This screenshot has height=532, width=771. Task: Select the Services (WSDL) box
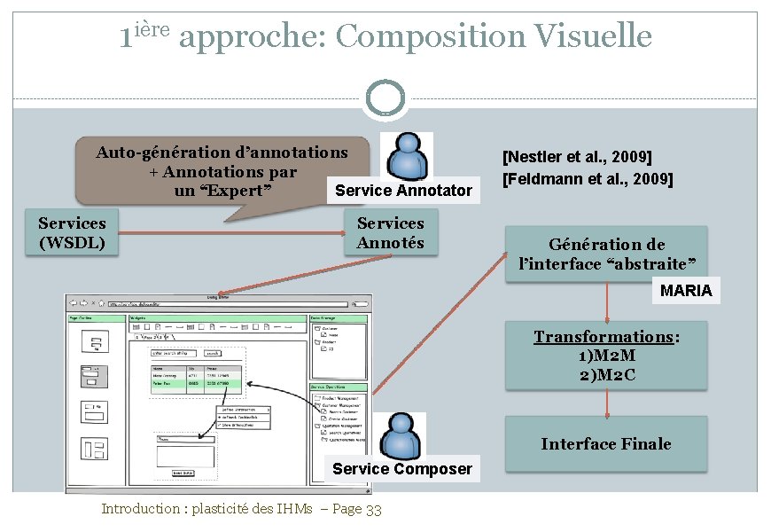[72, 233]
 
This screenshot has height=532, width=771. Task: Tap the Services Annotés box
[390, 233]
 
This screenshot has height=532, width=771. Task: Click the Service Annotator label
[403, 191]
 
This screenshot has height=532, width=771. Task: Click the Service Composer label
[402, 469]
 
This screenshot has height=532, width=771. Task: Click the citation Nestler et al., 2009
[577, 158]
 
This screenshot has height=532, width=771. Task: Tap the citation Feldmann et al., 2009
[588, 179]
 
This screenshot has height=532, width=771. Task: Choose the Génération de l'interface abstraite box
[606, 254]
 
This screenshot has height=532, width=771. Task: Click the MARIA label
[686, 291]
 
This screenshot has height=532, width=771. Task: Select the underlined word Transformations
[604, 337]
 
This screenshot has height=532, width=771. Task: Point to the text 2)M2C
[606, 375]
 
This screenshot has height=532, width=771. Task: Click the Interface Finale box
[606, 444]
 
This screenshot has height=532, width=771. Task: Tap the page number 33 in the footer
[373, 510]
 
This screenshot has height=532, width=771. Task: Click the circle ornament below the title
[385, 98]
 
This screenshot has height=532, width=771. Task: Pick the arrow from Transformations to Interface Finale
[607, 403]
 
